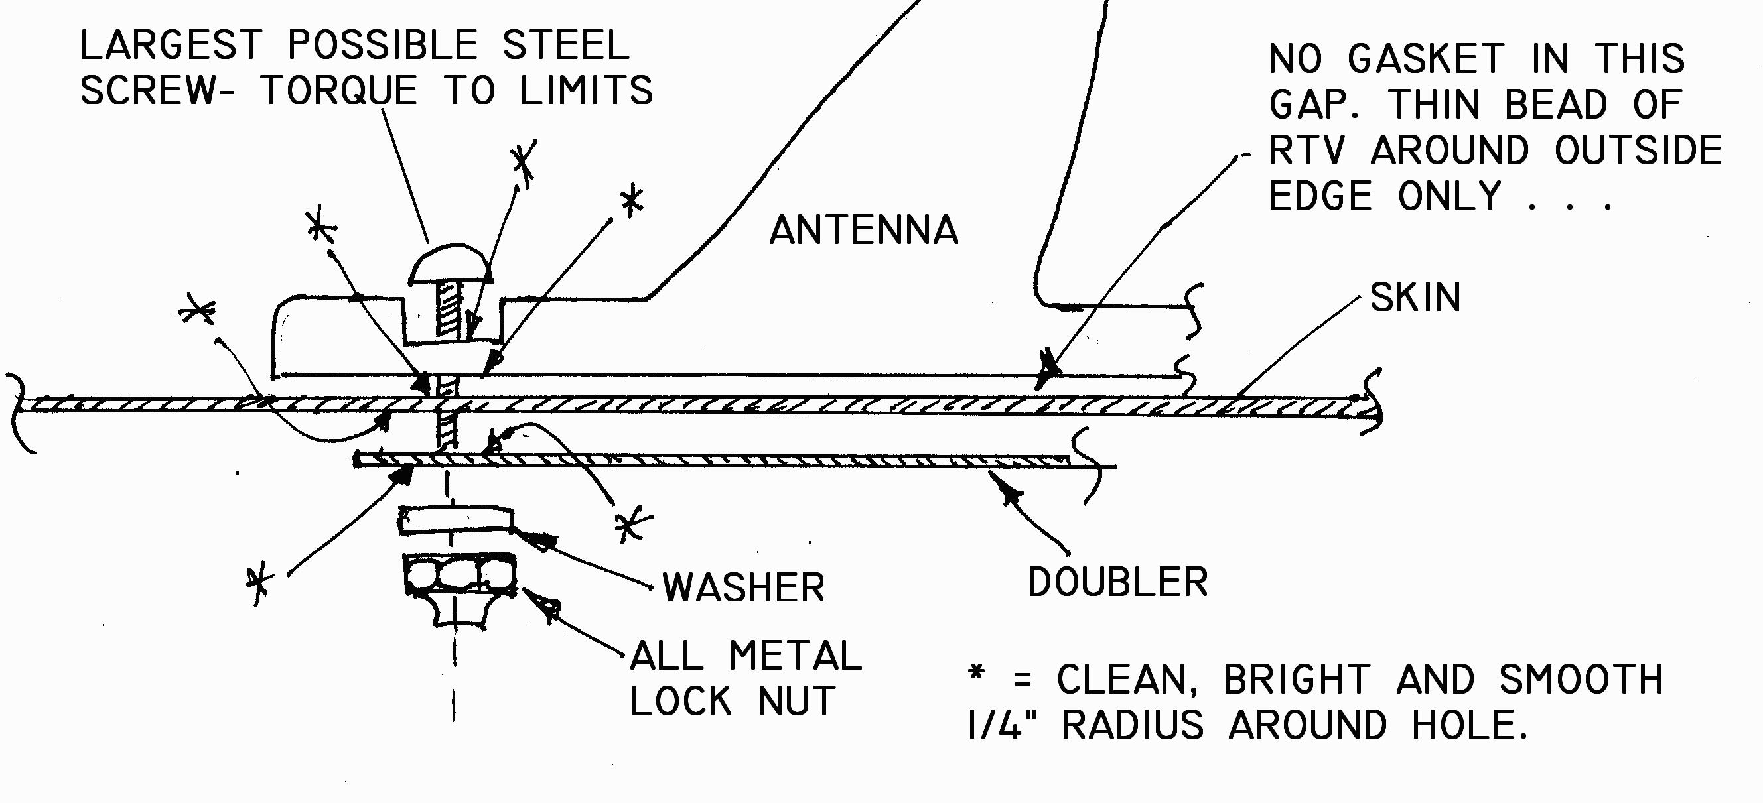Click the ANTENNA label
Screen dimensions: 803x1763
[863, 230]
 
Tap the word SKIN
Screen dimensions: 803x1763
[1415, 298]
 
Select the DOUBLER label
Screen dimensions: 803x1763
[1117, 582]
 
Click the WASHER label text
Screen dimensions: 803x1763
[743, 587]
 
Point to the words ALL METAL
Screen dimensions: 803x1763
[745, 656]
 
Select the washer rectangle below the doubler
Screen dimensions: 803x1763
[455, 521]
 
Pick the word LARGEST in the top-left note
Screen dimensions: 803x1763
[171, 46]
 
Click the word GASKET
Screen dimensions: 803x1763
[1425, 59]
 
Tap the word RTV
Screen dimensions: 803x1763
[1306, 151]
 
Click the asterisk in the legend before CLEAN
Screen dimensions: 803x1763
[977, 673]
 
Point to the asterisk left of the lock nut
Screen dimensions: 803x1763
[259, 585]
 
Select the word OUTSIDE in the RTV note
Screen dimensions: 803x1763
[1638, 151]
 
